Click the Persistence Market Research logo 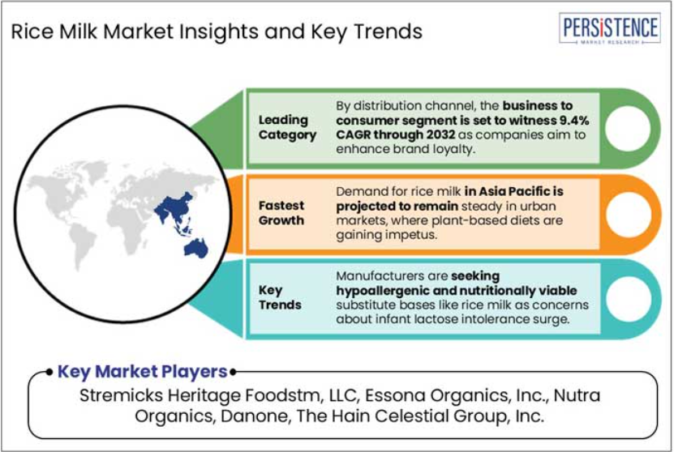tap(610, 29)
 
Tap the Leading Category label tap(287, 127)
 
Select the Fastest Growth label tap(281, 213)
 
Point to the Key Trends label tap(279, 297)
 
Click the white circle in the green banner tap(628, 128)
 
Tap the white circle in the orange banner tap(629, 214)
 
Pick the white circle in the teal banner tap(629, 299)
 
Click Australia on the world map tap(196, 249)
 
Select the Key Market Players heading tap(142, 372)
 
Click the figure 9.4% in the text tap(574, 120)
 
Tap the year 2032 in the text tap(440, 134)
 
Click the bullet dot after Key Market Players tap(233, 372)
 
